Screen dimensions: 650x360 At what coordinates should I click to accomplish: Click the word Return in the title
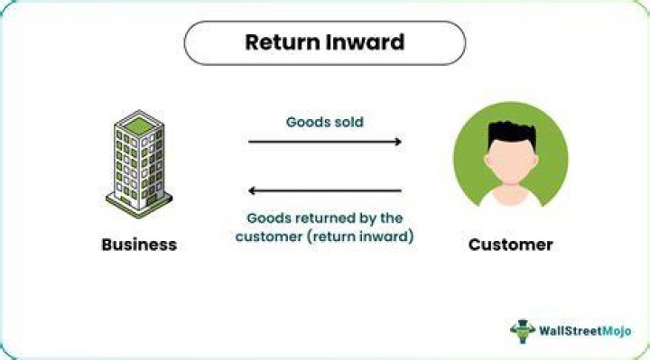pyautogui.click(x=283, y=42)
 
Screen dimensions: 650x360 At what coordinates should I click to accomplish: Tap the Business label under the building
pyautogui.click(x=139, y=245)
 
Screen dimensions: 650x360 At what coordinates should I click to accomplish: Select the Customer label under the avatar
pyautogui.click(x=510, y=245)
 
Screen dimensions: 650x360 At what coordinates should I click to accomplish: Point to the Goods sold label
pyautogui.click(x=325, y=122)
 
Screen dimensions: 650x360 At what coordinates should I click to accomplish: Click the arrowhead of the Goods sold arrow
pyautogui.click(x=398, y=142)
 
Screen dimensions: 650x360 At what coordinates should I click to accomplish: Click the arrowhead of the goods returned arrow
pyautogui.click(x=252, y=191)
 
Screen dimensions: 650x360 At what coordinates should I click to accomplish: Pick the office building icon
pyautogui.click(x=139, y=164)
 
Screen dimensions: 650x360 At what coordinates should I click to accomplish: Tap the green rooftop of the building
pyautogui.click(x=139, y=125)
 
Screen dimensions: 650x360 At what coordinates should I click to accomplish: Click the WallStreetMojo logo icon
pyautogui.click(x=523, y=331)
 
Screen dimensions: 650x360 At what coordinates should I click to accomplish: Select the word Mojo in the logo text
pyautogui.click(x=617, y=331)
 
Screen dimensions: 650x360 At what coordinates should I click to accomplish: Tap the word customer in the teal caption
pyautogui.click(x=269, y=237)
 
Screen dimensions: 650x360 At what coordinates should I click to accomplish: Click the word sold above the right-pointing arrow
pyautogui.click(x=348, y=122)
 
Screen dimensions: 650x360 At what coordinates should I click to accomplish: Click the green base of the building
pyautogui.click(x=139, y=206)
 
